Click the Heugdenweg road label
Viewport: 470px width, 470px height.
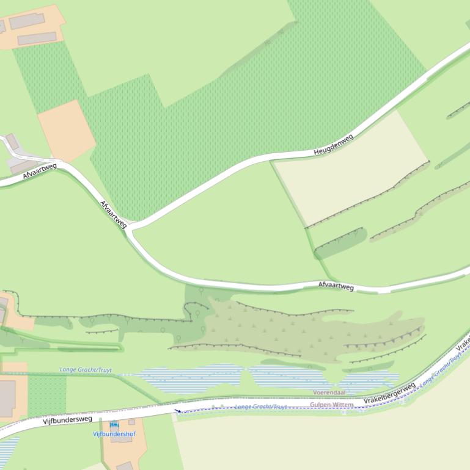[x=334, y=145]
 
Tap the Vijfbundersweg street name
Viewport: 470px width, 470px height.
[x=67, y=419]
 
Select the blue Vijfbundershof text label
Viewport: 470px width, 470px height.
[x=114, y=434]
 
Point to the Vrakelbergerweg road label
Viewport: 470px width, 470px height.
[x=389, y=393]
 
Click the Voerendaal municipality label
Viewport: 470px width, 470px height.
[x=329, y=392]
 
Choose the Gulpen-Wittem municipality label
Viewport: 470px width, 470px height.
[x=331, y=405]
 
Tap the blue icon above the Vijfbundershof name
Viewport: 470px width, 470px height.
[x=114, y=425]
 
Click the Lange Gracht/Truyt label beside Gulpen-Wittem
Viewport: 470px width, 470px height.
[x=261, y=407]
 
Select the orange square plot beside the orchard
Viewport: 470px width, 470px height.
[x=66, y=131]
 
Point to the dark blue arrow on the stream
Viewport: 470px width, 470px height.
[x=177, y=411]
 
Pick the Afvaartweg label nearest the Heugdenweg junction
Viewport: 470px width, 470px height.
[x=113, y=214]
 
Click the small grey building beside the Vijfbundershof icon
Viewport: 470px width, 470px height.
[x=131, y=422]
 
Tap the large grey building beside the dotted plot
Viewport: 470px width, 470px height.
[x=7, y=399]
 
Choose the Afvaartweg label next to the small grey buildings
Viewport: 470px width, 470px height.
[x=40, y=170]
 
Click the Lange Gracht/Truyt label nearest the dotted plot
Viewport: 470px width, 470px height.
[x=86, y=370]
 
